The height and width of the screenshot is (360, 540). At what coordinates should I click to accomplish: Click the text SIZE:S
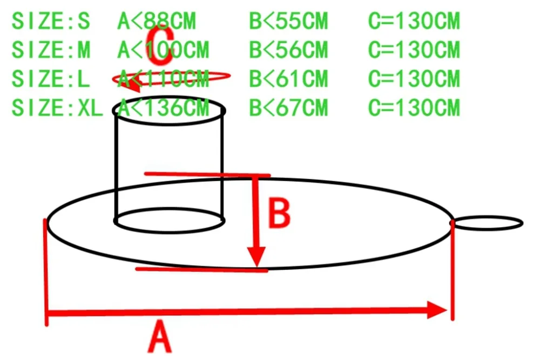pos(51,22)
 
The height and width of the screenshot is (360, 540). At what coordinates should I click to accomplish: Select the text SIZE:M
pos(51,50)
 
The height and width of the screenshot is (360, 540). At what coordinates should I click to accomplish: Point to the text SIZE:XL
pos(57,108)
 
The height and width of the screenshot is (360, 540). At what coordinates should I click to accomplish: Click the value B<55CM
pos(288,22)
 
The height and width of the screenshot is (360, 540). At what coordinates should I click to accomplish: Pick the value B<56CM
pos(288,50)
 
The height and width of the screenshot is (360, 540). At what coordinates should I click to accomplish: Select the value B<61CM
pos(288,79)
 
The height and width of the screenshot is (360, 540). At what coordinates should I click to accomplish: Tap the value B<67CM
pos(288,108)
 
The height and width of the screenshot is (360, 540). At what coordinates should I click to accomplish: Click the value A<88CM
pos(157,22)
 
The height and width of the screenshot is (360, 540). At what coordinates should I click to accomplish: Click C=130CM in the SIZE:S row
pos(414,22)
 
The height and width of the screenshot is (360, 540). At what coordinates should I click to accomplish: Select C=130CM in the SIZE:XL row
pos(414,108)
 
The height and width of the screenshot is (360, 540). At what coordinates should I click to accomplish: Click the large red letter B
pos(280,214)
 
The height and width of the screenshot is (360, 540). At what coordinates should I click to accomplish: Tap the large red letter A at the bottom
pos(160,337)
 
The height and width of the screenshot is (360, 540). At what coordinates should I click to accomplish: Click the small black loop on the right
pos(488,222)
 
